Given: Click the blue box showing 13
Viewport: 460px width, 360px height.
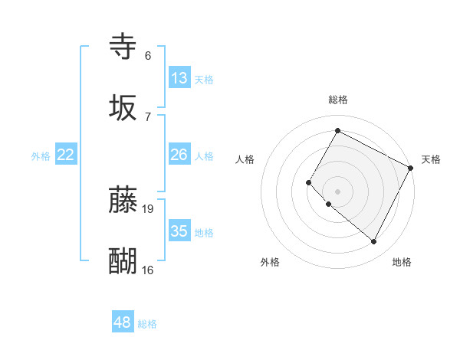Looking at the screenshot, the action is coord(179,78).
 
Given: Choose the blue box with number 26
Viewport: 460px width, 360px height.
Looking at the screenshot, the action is coord(179,155).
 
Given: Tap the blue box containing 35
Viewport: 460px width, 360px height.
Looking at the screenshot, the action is coord(179,231).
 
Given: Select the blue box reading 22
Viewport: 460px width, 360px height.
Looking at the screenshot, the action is coord(66,155).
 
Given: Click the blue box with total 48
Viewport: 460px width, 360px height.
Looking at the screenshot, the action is coord(123,322).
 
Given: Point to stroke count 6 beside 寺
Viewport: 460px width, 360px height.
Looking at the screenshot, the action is coord(148,56).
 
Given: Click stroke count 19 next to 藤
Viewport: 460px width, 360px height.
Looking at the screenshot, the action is coord(149,208).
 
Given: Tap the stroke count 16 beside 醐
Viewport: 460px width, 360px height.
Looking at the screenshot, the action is coord(148,270).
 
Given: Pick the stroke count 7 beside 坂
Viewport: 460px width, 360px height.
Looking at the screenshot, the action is coord(148,116).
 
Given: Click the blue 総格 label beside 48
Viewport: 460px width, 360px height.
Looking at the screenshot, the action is coord(148,324).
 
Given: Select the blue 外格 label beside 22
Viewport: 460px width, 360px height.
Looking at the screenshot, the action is coord(41,156).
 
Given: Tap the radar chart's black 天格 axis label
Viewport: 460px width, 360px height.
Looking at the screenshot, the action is coord(431,159).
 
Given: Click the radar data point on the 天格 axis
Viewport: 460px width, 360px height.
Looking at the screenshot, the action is coord(411,167).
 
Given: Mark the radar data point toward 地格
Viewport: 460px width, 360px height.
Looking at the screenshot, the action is coord(374,242).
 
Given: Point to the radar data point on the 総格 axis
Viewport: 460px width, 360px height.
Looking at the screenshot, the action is coord(337,130).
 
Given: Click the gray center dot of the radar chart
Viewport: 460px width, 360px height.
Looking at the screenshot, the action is coord(337,191).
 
